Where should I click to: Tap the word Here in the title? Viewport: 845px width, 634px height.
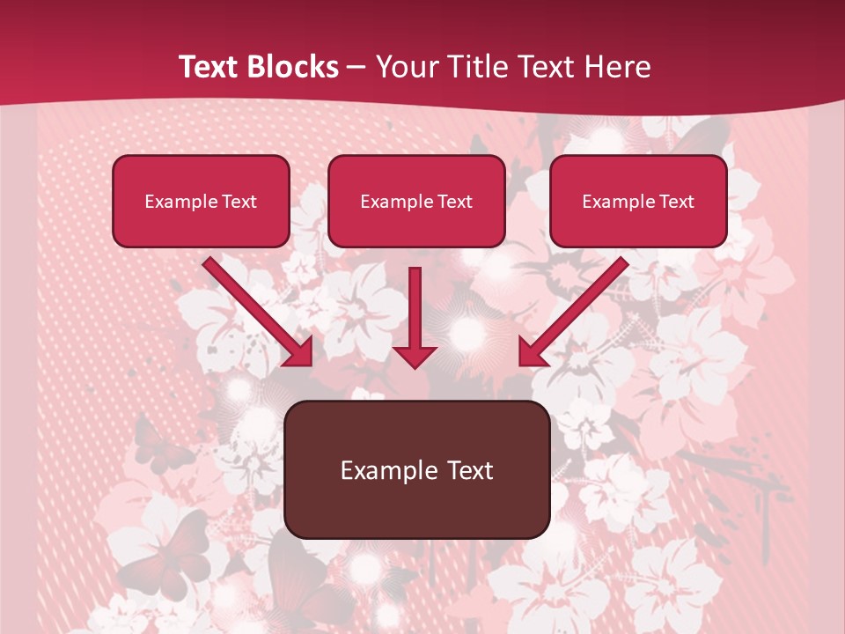click(x=616, y=67)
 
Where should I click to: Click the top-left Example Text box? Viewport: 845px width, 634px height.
click(x=201, y=201)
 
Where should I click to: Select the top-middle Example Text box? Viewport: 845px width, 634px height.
click(x=416, y=201)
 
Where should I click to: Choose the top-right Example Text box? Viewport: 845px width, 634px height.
click(x=638, y=201)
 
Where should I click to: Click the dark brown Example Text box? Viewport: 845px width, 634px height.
click(x=416, y=469)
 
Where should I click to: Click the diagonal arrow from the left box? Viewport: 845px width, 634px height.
click(x=258, y=311)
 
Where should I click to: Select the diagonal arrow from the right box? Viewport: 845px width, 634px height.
click(x=573, y=311)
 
